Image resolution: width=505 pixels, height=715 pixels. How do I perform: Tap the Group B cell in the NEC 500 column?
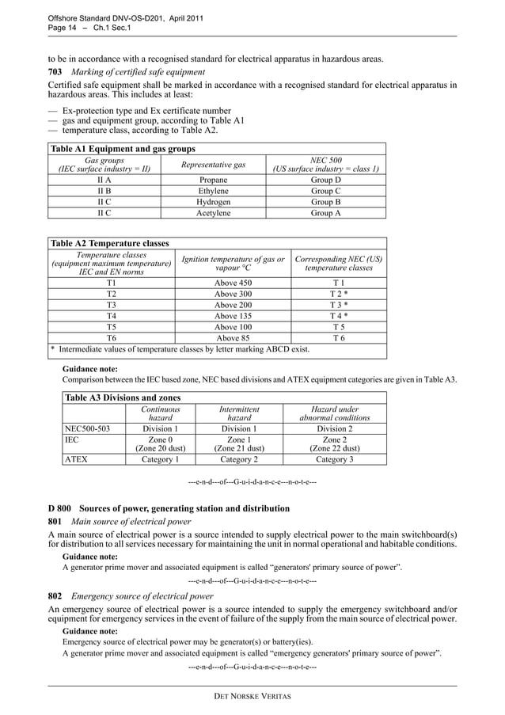326,202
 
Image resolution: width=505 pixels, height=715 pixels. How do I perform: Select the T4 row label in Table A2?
112,315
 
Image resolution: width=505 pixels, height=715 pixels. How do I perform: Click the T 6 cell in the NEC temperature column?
338,337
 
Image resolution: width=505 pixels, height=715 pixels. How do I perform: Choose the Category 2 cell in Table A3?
239,458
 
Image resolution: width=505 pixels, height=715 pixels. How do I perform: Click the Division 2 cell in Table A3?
335,428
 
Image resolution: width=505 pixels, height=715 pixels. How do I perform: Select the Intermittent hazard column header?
239,413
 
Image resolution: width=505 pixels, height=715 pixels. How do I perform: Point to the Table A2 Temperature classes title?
109,243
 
